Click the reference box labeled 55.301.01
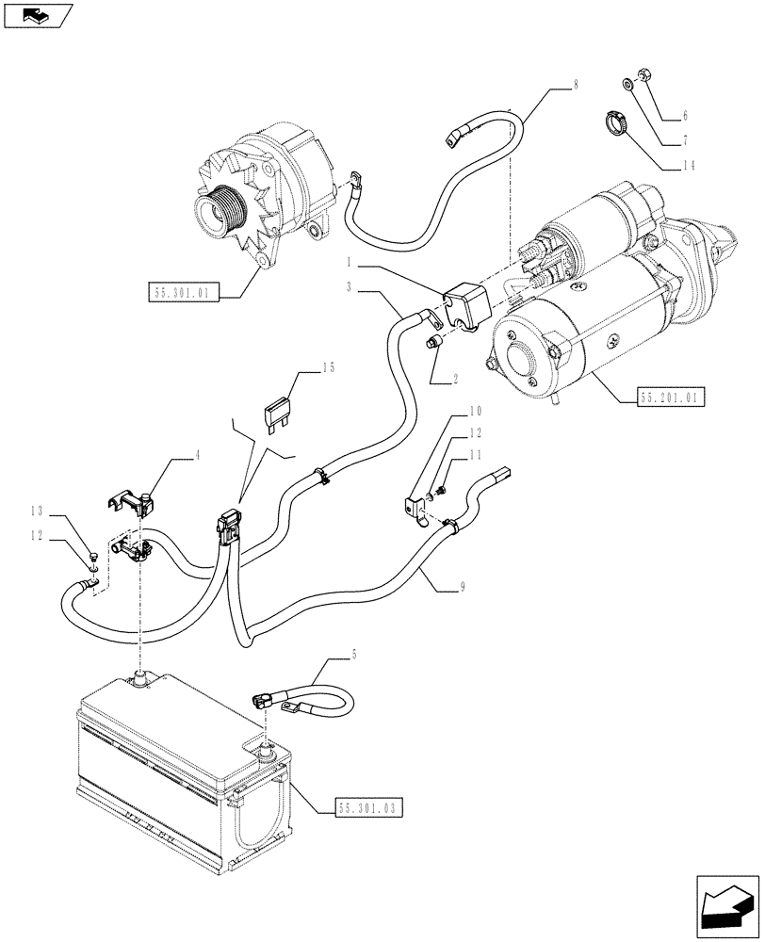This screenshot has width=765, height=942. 184,293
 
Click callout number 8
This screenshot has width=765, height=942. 576,85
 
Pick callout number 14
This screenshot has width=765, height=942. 684,166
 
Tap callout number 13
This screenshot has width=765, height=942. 37,512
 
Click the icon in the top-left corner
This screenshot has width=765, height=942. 38,14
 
